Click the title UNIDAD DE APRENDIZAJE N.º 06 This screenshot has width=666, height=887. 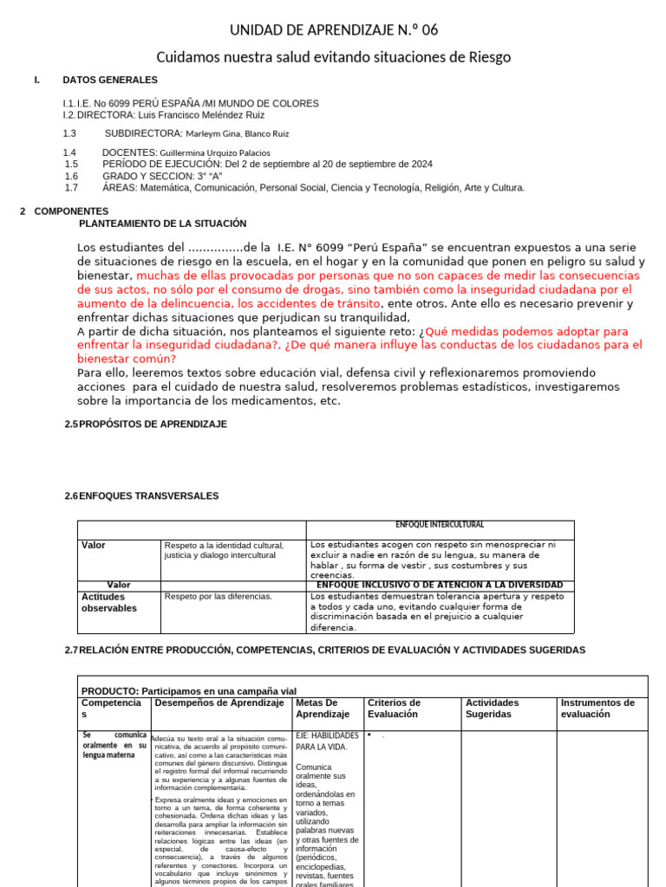pos(333,30)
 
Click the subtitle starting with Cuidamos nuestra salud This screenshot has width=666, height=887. pos(333,57)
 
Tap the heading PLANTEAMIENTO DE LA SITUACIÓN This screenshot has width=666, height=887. pos(162,223)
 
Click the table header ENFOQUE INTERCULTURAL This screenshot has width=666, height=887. pos(440,525)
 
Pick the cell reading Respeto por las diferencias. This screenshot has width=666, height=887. pos(218,597)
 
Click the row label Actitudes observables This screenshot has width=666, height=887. pos(109,602)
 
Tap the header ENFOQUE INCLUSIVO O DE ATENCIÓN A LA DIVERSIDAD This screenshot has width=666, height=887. pos(440,585)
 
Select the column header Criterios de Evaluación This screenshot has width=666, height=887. pos(395,709)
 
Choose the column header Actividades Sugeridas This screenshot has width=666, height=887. pos(493,709)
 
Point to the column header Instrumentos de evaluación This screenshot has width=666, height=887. pos(597,709)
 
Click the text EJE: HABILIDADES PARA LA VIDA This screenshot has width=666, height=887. pos(327,741)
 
